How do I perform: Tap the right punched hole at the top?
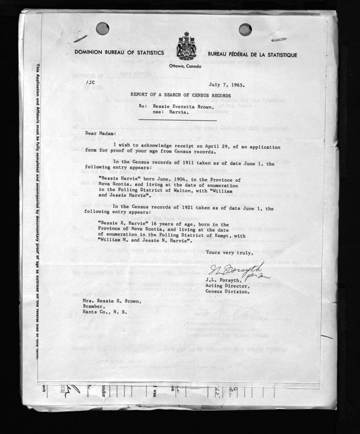(245, 30)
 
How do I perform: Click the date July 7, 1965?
(228, 83)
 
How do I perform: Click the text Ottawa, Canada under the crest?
(185, 66)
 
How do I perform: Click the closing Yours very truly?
(229, 253)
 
